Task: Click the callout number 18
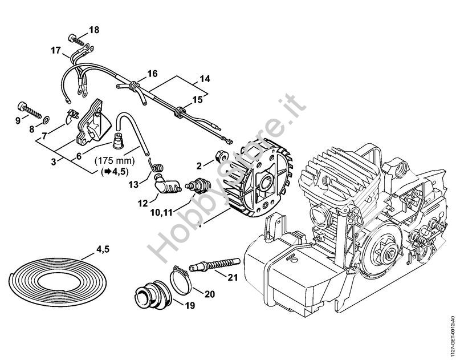94,29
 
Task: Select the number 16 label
152,73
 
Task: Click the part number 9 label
18,120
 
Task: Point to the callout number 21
231,278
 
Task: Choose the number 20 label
210,294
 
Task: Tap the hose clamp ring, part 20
181,279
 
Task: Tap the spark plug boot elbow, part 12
164,184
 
